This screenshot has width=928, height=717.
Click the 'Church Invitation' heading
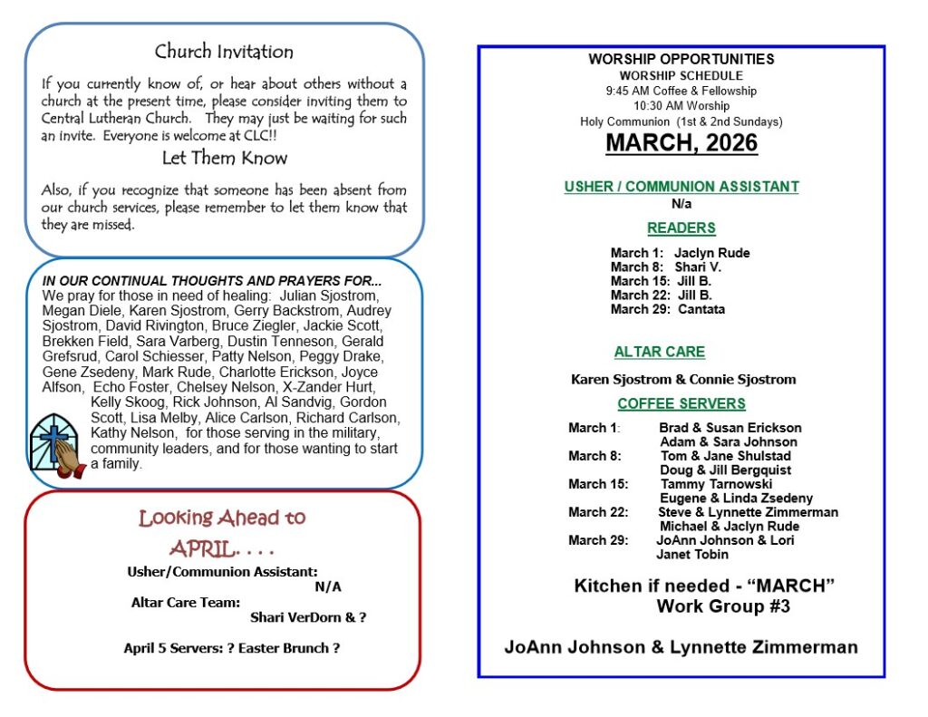click(224, 52)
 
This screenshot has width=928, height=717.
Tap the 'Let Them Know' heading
click(224, 158)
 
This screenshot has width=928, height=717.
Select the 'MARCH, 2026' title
click(681, 143)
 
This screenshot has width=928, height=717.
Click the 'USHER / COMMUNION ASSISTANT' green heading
click(681, 187)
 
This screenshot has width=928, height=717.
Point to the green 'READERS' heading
click(681, 228)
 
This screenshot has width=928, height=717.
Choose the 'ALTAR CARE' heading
click(659, 352)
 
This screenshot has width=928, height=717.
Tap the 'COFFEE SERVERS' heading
click(681, 403)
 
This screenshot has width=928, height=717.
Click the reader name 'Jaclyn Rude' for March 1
click(711, 253)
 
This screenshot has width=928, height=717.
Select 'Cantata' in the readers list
click(701, 309)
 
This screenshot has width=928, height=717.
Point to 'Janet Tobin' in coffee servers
click(692, 554)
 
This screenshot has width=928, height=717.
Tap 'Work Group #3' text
click(723, 606)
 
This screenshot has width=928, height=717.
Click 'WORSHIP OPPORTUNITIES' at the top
click(681, 60)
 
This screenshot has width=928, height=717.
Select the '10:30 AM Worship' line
click(681, 106)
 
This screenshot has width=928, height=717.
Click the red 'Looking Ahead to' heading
click(222, 518)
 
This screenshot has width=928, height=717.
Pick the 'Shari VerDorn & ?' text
click(308, 617)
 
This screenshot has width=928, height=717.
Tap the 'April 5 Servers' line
click(232, 648)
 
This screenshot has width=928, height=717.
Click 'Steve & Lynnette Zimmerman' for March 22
click(748, 512)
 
